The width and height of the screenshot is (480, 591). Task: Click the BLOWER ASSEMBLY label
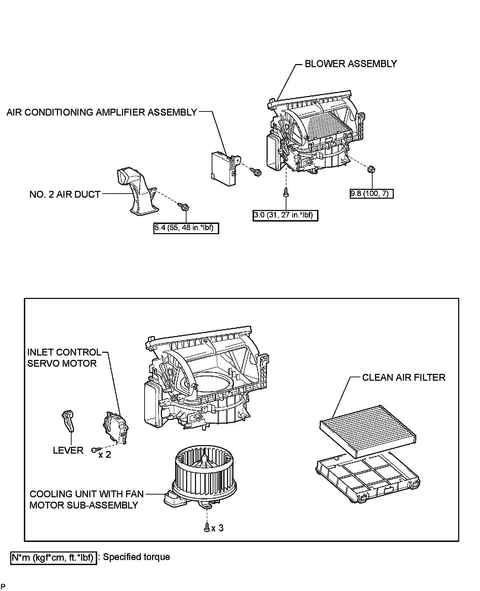click(350, 64)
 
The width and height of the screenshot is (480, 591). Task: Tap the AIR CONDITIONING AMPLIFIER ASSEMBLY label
click(102, 112)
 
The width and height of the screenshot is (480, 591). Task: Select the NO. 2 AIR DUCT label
click(65, 194)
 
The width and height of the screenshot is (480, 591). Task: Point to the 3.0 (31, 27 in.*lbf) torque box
click(285, 215)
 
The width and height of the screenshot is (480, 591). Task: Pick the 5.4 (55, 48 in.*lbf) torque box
click(186, 228)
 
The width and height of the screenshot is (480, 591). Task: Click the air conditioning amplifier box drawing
click(223, 168)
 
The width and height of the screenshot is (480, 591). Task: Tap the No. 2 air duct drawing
click(136, 193)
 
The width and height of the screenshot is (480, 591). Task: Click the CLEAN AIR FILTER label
click(403, 377)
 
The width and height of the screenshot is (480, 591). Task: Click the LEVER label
click(68, 450)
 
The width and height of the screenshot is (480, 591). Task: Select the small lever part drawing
click(69, 421)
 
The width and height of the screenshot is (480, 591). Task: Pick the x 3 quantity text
click(217, 528)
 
